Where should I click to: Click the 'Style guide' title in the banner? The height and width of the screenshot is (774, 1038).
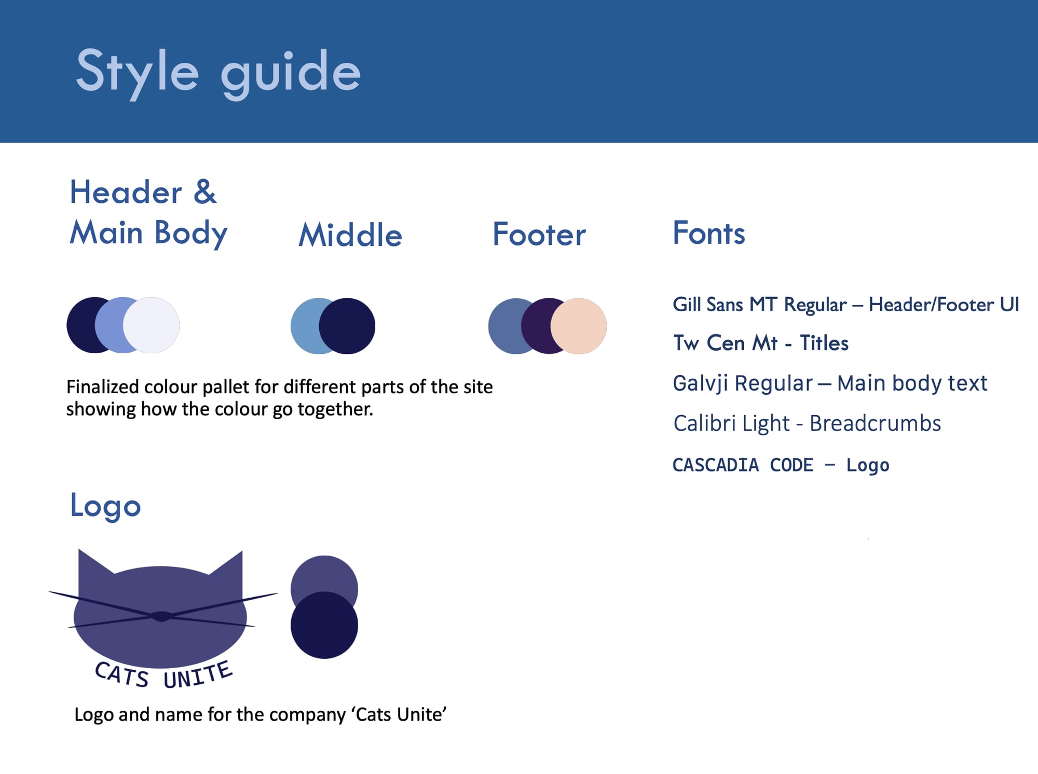point(218,72)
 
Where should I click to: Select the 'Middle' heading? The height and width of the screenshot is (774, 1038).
point(350,235)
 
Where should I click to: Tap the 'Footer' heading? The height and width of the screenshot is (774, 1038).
point(539,234)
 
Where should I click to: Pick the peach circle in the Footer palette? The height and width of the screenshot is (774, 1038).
point(579,326)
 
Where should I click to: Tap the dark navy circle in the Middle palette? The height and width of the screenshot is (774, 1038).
point(347,326)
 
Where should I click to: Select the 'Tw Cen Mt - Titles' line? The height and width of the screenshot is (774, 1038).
point(761,343)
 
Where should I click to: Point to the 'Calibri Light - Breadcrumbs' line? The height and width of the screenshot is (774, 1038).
point(807,424)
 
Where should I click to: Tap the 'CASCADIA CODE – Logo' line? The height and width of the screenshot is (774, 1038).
point(781,465)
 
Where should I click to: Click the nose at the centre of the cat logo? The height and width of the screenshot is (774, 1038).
point(161,616)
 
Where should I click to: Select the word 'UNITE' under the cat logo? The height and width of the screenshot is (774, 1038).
point(198,675)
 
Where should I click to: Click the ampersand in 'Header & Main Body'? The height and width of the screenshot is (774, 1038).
point(205,191)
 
